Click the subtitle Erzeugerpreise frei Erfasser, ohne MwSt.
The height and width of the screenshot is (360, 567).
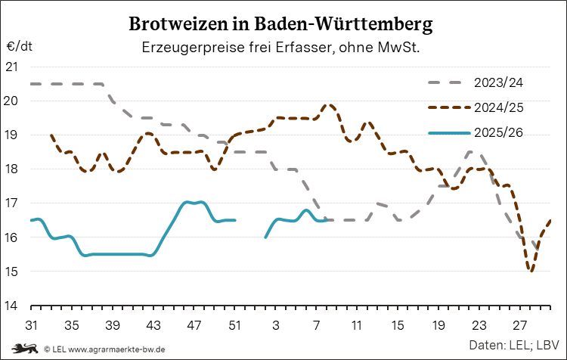(281, 47)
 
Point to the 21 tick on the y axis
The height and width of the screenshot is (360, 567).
(12, 67)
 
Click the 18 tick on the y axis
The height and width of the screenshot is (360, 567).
(12, 169)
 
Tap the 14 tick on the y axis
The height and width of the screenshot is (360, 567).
(12, 306)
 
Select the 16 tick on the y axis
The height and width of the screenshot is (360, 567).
(12, 237)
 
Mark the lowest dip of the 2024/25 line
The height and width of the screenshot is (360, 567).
(531, 271)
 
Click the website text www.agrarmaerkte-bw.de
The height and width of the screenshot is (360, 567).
(117, 349)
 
